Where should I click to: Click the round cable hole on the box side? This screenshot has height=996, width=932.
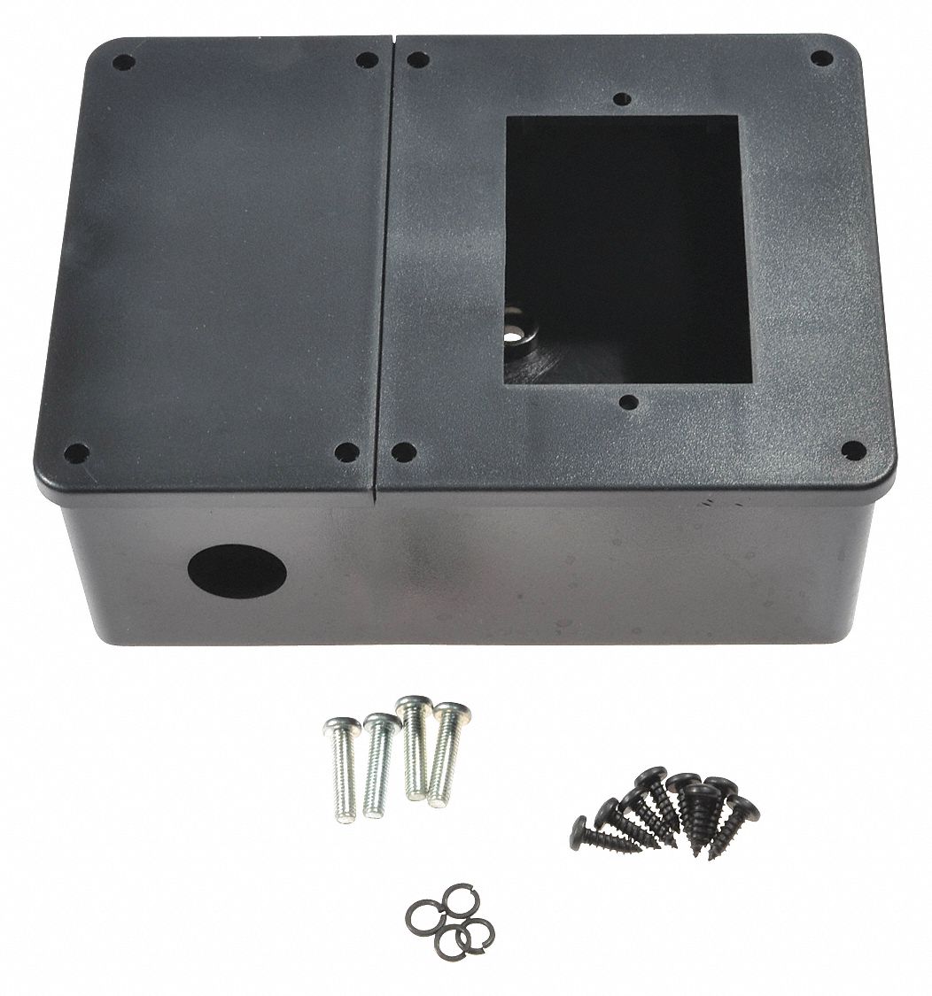point(237,571)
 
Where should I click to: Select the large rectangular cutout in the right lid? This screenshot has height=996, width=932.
point(627,250)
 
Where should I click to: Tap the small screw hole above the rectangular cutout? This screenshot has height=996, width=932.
point(623,99)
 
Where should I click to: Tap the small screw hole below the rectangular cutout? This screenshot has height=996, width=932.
point(628,403)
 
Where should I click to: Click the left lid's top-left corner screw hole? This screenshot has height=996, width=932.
point(124,63)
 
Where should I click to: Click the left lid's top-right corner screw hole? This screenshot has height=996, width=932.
point(366,60)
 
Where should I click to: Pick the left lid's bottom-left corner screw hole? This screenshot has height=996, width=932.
point(76,452)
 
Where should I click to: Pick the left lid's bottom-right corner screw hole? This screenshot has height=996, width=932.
point(346,452)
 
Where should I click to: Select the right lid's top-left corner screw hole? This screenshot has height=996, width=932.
point(418,60)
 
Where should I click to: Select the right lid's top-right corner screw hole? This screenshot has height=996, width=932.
point(821,58)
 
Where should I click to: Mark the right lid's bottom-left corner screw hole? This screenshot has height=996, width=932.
point(403,452)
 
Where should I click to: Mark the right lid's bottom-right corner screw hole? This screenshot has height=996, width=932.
point(852,450)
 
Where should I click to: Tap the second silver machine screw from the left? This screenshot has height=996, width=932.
point(379,764)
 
